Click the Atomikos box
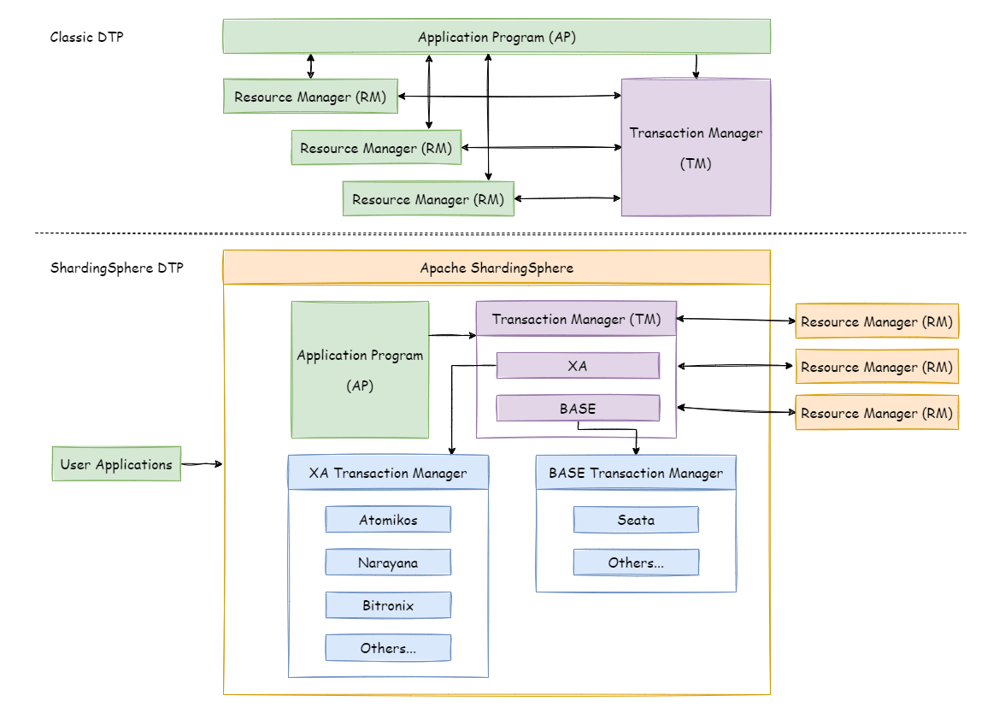point(388,520)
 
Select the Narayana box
point(388,563)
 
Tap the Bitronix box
point(388,605)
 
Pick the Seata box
point(636,520)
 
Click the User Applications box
point(116,464)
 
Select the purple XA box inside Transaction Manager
point(578,366)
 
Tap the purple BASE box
point(578,409)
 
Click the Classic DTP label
point(87,37)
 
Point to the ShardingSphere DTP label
point(117,268)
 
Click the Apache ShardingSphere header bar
point(497,268)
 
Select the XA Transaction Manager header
point(388,473)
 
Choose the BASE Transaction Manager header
point(636,473)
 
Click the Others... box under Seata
point(636,563)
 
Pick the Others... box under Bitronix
point(388,648)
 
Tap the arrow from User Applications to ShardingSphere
point(202,464)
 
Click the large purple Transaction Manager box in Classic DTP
point(696,147)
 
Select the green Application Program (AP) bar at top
point(497,37)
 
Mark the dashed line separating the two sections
point(500,233)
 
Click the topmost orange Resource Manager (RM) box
point(877,321)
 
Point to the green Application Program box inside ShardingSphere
point(360,369)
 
